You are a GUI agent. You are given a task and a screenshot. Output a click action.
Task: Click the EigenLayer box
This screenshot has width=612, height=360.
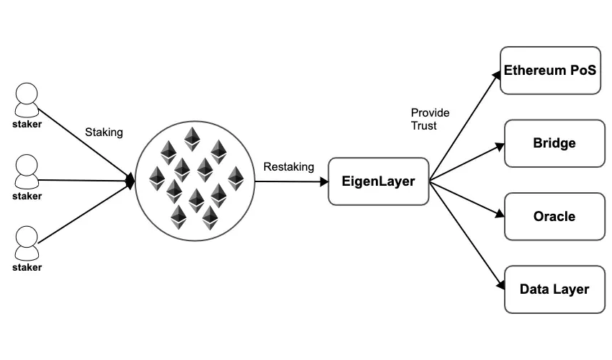pyautogui.click(x=378, y=181)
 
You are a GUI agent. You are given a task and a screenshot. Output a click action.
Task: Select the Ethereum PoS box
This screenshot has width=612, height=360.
pyautogui.click(x=550, y=71)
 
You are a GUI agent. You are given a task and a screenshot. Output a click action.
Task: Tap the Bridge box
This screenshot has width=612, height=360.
pyautogui.click(x=554, y=143)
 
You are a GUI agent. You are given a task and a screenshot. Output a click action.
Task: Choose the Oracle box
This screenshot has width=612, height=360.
pyautogui.click(x=554, y=216)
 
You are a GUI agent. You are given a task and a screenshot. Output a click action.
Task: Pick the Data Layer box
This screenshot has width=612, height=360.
pyautogui.click(x=554, y=289)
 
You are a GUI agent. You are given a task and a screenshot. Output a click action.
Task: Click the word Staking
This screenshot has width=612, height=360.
pyautogui.click(x=104, y=132)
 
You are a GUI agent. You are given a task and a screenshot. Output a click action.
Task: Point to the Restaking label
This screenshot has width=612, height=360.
pyautogui.click(x=289, y=167)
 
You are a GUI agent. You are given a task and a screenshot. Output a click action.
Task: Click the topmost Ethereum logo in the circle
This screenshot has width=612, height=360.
pyautogui.click(x=192, y=138)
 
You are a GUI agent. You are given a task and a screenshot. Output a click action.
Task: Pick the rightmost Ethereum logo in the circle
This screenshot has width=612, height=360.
pyautogui.click(x=235, y=178)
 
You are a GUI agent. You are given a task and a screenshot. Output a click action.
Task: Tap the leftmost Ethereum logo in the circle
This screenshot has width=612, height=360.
pyautogui.click(x=156, y=178)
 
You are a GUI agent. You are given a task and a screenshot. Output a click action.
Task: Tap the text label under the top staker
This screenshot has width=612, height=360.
pyautogui.click(x=27, y=125)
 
